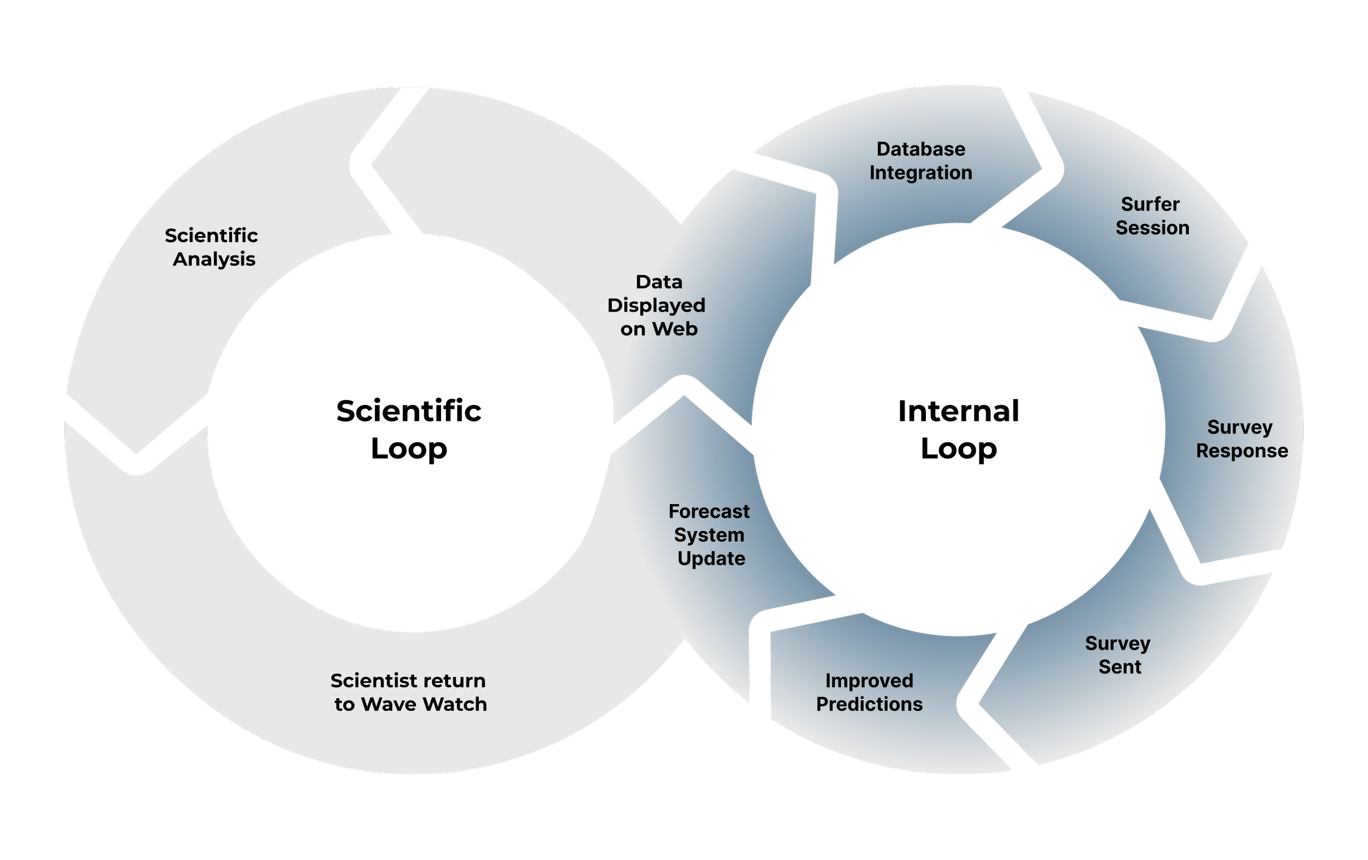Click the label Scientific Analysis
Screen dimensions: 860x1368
point(211,247)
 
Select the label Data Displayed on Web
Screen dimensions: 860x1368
point(657,306)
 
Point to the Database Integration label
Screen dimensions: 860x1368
point(920,161)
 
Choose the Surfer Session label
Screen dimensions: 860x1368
point(1151,216)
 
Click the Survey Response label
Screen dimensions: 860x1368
point(1241,439)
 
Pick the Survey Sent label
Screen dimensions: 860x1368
point(1118,655)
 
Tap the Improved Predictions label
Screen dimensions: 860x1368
point(869,692)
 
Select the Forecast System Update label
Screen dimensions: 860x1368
point(710,535)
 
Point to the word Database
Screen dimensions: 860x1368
point(920,149)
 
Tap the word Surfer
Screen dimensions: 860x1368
point(1150,204)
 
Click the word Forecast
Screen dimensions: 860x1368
point(709,511)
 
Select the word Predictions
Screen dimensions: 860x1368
point(869,704)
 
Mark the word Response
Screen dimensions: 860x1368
point(1242,451)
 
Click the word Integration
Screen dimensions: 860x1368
point(920,173)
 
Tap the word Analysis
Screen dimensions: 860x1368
point(213,259)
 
